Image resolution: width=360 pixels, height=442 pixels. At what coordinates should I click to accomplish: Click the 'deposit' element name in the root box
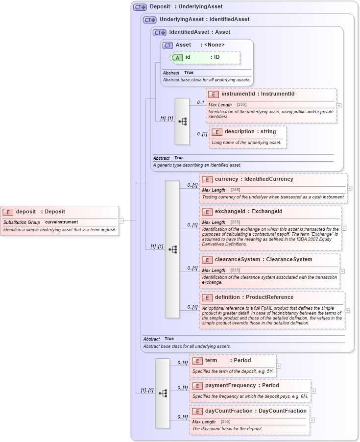(x=26, y=212)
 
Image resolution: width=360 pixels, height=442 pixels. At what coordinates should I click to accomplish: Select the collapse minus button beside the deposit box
(x=121, y=221)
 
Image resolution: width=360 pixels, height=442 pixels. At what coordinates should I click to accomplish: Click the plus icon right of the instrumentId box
(x=339, y=105)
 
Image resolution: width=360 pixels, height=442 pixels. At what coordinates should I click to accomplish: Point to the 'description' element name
(x=240, y=131)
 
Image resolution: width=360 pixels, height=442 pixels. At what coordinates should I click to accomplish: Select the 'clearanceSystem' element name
(x=238, y=259)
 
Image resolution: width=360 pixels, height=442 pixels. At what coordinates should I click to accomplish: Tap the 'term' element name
(x=211, y=360)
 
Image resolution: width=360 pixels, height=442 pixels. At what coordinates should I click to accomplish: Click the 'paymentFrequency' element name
(x=230, y=385)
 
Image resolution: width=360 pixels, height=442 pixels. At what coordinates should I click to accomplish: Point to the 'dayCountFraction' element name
(x=229, y=411)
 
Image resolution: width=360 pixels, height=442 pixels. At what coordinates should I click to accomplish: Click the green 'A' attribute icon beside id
(x=177, y=57)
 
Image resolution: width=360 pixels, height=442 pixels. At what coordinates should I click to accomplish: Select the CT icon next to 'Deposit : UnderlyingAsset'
(x=140, y=7)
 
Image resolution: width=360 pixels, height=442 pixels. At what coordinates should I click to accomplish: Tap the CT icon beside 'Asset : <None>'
(x=168, y=45)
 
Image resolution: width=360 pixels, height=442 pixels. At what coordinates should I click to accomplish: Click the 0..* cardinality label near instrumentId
(x=201, y=102)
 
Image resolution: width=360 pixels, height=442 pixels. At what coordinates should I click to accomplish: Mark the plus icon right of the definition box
(x=347, y=310)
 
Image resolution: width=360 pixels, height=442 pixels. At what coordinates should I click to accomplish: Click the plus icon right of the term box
(x=279, y=366)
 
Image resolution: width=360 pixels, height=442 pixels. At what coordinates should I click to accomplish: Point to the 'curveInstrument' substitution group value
(x=62, y=222)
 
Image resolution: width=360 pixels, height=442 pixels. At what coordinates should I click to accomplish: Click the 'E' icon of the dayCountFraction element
(x=197, y=411)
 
